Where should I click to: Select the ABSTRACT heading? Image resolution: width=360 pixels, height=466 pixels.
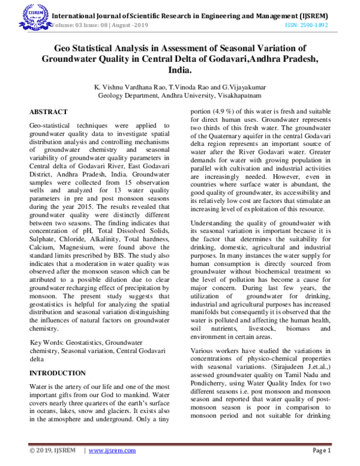click(49, 112)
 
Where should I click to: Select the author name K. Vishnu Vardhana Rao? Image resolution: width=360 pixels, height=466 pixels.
click(131, 86)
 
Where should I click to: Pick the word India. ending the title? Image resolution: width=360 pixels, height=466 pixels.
click(181, 71)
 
